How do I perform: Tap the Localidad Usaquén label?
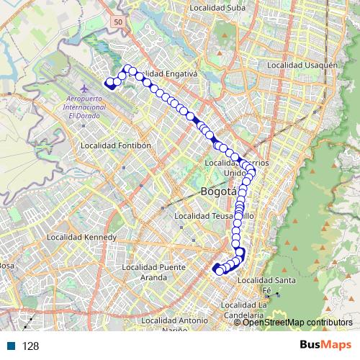tap(302, 65)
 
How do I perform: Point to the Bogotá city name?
tap(217, 192)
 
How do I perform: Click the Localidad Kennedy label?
tap(81, 237)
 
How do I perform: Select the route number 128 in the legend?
tap(30, 346)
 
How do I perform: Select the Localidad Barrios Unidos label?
tap(238, 168)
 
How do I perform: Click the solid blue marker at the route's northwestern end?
tap(111, 83)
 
